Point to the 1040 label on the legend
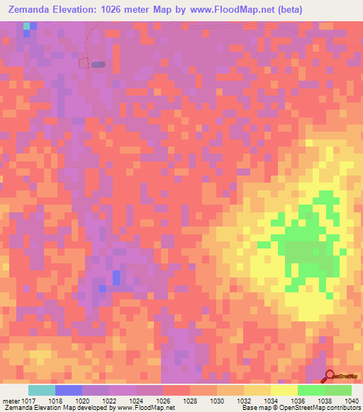click(x=350, y=401)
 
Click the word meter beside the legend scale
click(x=11, y=401)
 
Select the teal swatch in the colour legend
click(x=42, y=390)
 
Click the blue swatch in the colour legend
click(x=69, y=390)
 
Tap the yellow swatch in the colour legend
click(x=284, y=390)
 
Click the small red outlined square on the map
click(x=84, y=64)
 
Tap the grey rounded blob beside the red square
click(x=99, y=64)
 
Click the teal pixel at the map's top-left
click(x=27, y=25)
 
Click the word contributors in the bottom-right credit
click(x=344, y=408)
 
